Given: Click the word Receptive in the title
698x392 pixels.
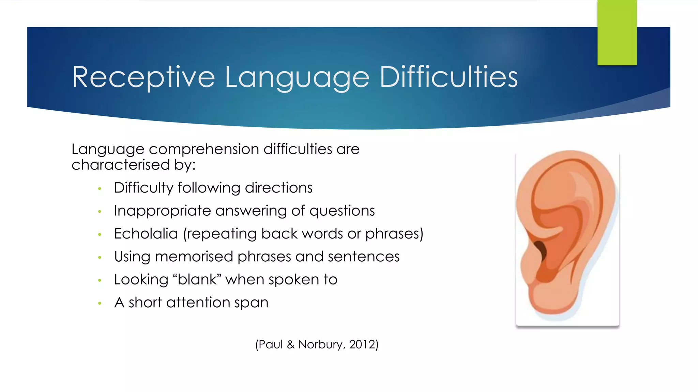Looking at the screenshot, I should (143, 78).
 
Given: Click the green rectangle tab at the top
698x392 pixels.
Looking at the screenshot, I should (617, 33).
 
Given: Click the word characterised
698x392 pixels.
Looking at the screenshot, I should (121, 165).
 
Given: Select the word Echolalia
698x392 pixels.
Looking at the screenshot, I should (146, 234).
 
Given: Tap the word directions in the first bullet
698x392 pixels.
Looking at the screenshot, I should (278, 188).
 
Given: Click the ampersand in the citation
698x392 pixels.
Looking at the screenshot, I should (290, 344).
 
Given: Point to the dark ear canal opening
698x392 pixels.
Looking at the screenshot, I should (541, 249).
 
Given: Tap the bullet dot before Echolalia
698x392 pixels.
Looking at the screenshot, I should (100, 234).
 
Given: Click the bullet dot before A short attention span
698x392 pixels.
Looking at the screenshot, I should (100, 303).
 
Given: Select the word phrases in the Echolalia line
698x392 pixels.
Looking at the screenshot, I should (392, 234).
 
